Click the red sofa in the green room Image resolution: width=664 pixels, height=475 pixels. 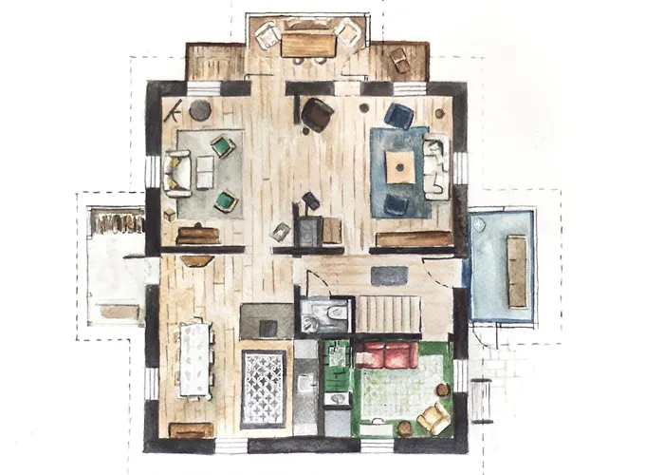click(386, 356)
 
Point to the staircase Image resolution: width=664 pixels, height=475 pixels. click(388, 313)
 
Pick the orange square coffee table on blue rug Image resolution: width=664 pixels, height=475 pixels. click(402, 168)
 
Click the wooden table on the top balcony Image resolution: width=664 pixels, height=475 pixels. click(307, 44)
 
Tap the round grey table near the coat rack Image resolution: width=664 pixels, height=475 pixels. click(200, 110)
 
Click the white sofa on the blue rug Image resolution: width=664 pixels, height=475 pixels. click(435, 167)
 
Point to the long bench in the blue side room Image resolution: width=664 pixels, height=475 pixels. click(517, 271)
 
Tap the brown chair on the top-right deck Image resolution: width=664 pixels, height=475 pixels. click(399, 61)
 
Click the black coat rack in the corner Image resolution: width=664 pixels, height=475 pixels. click(172, 112)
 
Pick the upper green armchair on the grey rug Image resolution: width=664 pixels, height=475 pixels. click(223, 146)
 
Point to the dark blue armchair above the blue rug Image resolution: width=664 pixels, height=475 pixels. click(398, 116)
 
